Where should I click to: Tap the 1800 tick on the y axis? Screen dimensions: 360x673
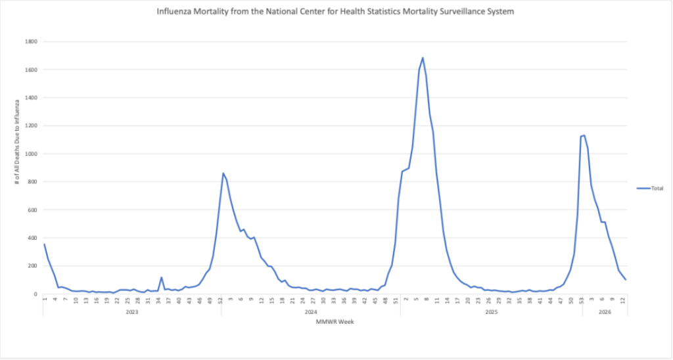click(x=30, y=41)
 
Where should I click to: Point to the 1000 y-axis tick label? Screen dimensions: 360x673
click(x=30, y=154)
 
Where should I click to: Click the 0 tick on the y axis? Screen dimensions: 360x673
click(x=35, y=294)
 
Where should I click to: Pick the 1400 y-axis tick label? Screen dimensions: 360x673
click(x=30, y=98)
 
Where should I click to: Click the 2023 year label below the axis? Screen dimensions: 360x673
click(x=132, y=312)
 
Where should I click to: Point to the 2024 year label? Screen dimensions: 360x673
click(x=311, y=312)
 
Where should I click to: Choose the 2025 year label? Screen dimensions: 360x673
click(x=491, y=312)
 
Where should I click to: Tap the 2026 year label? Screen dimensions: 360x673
click(x=604, y=312)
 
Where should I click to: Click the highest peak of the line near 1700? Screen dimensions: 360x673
click(x=423, y=58)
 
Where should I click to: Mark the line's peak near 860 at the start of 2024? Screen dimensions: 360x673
click(x=223, y=173)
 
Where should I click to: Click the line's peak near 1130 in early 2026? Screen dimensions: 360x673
click(x=584, y=135)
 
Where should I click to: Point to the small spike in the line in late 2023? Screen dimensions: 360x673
click(x=162, y=277)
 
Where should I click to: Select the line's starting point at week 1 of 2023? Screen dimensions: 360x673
click(x=44, y=244)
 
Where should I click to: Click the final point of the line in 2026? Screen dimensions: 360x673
click(x=626, y=280)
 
